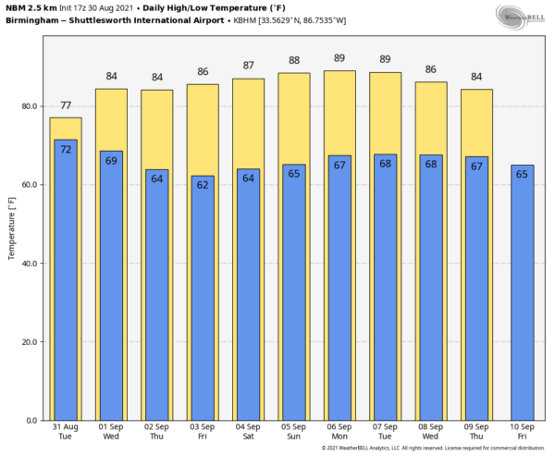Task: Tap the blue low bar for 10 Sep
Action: [523, 296]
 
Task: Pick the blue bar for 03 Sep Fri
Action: [203, 305]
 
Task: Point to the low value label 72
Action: [66, 149]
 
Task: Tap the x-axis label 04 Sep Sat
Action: [249, 433]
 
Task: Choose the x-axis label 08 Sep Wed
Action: [431, 433]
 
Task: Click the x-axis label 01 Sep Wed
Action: [111, 433]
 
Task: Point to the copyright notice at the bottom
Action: [435, 450]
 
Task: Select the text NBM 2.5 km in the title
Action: [31, 6]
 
